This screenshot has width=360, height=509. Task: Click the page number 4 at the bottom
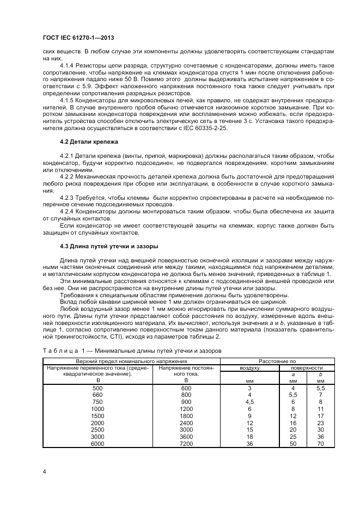(44, 470)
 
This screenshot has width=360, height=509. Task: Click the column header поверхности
(307, 368)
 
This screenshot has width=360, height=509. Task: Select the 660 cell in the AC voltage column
(97, 394)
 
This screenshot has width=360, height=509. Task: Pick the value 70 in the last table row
(321, 443)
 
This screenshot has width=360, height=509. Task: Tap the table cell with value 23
(321, 422)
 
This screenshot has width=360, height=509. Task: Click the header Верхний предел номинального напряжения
(132, 361)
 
